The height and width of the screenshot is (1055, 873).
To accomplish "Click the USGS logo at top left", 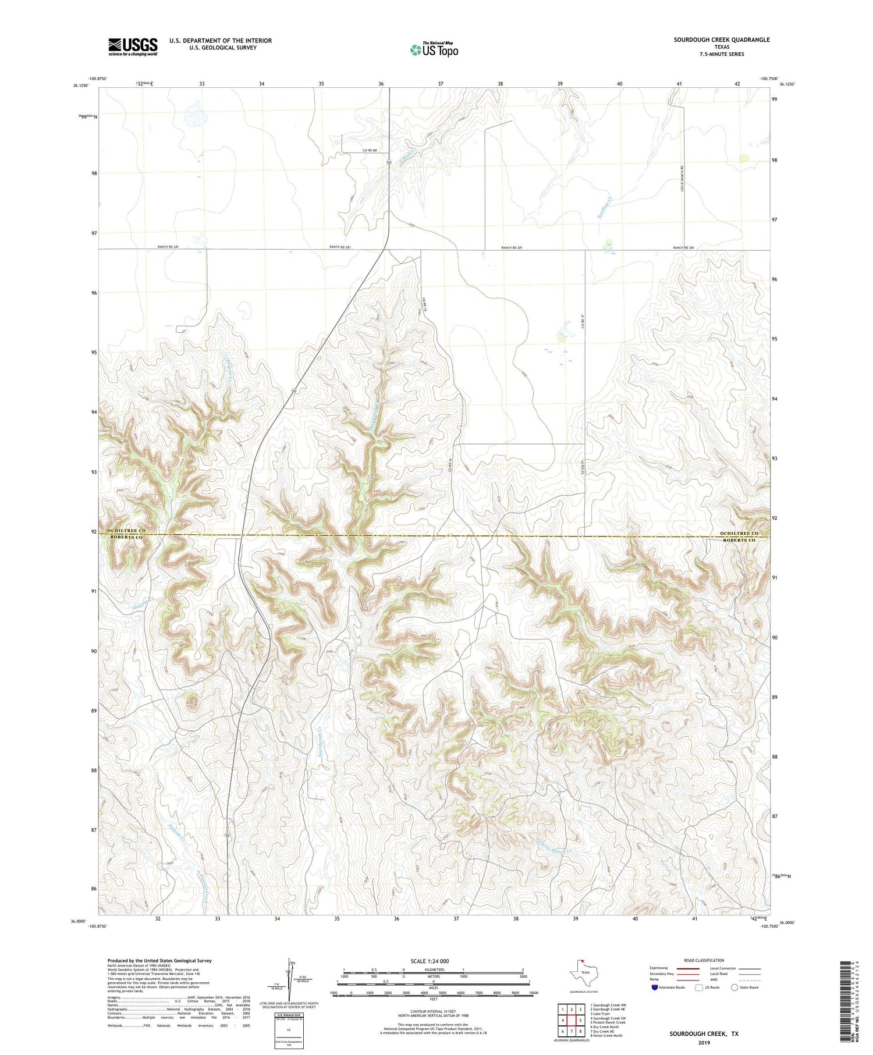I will [133, 47].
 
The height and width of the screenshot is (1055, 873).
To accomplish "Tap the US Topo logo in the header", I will [434, 49].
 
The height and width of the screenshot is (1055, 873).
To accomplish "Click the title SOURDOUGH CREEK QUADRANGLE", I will [722, 40].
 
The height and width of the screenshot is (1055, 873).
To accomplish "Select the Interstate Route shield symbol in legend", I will [655, 987].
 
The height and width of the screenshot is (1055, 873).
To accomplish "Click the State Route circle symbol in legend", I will [734, 987].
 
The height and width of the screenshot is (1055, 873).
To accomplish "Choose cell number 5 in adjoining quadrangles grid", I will [580, 1020].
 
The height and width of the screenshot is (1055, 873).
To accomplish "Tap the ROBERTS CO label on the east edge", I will [739, 541].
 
